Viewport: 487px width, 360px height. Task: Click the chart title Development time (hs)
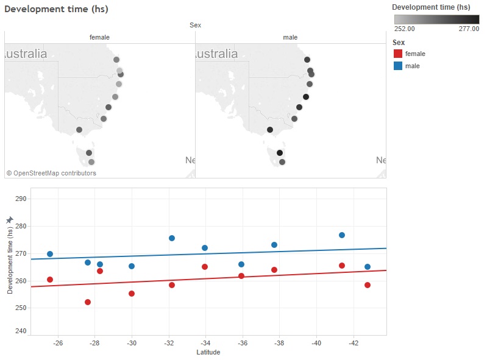pos(56,10)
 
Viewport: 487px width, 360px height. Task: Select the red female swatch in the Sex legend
pos(398,54)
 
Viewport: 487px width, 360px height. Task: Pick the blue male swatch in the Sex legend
pos(398,66)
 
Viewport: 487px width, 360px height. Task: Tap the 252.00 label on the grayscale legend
pos(405,28)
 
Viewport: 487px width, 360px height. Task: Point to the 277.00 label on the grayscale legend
pos(469,28)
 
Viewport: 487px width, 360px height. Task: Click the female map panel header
pos(99,37)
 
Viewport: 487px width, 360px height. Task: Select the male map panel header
pos(291,37)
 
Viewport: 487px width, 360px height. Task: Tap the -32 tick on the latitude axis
pos(169,343)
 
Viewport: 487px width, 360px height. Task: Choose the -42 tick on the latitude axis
pos(354,343)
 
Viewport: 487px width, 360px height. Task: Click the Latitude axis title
pos(208,352)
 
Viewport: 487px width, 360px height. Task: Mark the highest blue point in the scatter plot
pos(342,235)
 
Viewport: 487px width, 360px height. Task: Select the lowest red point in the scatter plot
pos(88,302)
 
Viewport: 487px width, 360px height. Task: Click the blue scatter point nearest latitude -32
pos(172,238)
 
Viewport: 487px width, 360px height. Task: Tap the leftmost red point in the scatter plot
pos(50,280)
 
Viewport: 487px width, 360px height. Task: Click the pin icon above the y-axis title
pos(9,219)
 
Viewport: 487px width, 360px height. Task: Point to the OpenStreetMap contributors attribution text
pos(51,173)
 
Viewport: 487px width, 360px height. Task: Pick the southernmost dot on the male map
pos(282,162)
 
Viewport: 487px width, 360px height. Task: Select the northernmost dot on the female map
pos(116,60)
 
